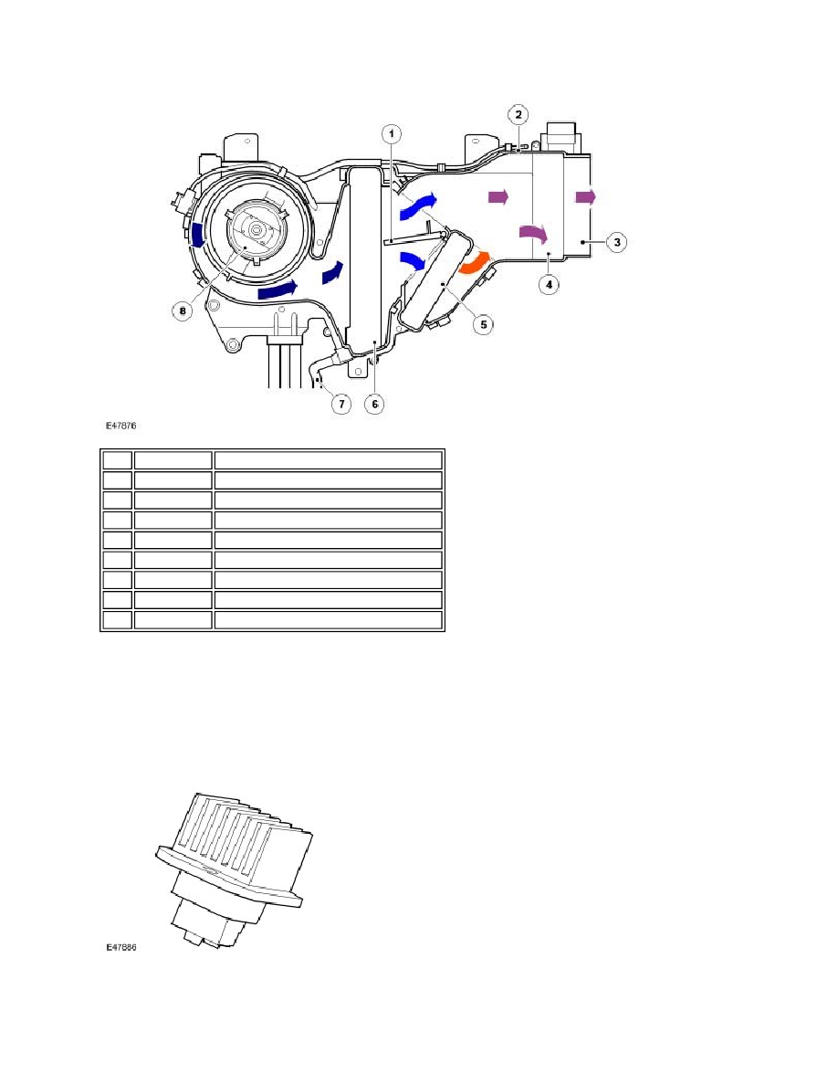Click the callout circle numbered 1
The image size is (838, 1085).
(392, 133)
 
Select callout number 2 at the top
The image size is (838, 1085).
(518, 115)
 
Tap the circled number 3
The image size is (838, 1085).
(617, 242)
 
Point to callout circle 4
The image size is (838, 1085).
(549, 284)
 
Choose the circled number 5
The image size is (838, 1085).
(483, 324)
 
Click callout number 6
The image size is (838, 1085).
(374, 404)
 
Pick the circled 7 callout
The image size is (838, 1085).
(340, 404)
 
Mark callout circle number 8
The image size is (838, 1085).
(183, 311)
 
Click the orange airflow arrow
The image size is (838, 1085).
(474, 262)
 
